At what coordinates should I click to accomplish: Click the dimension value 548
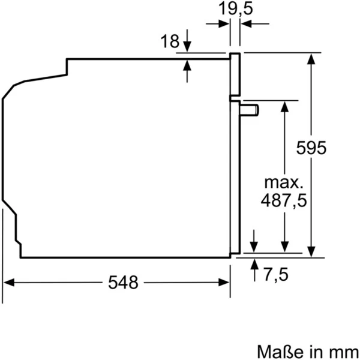coord(124,282)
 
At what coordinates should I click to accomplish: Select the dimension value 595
coord(311,148)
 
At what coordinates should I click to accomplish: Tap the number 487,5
coord(284,201)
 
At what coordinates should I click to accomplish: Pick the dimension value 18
coord(170,41)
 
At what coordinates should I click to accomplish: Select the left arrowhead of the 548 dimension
coord(8,282)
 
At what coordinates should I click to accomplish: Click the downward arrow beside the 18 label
coord(188,48)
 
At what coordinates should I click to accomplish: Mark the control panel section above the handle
coord(235,76)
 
